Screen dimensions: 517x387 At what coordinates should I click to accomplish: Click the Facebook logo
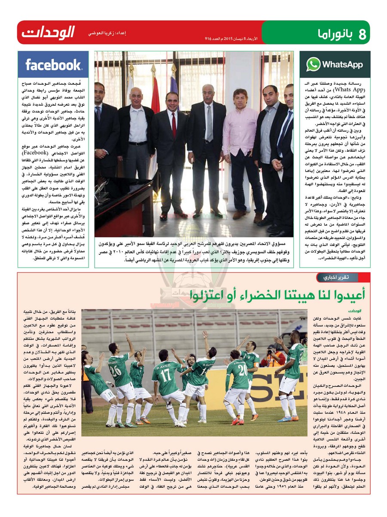click(x=53, y=65)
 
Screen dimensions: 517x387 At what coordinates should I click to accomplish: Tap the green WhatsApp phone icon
click(x=313, y=65)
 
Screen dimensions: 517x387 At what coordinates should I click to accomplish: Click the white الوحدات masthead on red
click(x=48, y=32)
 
